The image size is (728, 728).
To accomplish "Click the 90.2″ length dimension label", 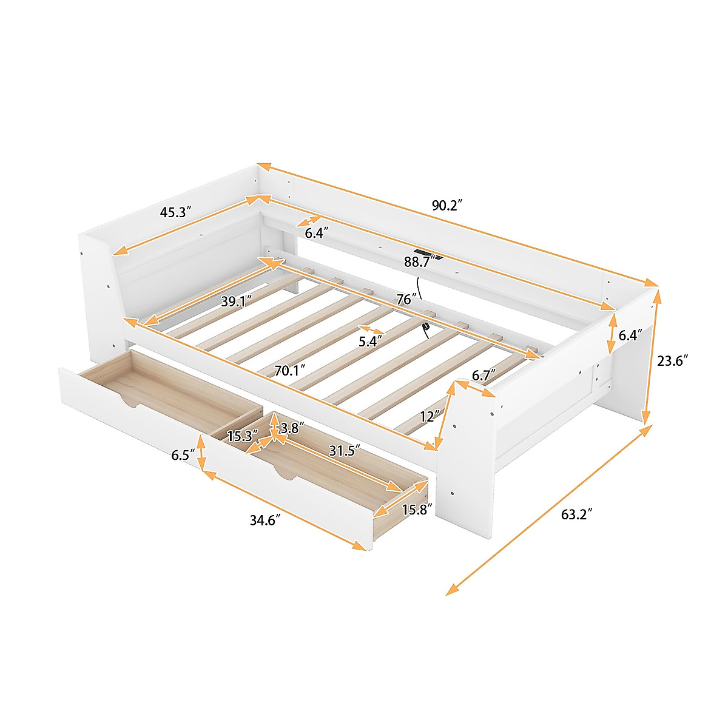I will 447,205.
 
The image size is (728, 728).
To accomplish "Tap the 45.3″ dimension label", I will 176,212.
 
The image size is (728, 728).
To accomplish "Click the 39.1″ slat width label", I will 237,302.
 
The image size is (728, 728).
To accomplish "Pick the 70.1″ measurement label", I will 289,370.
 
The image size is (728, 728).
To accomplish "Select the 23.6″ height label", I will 672,360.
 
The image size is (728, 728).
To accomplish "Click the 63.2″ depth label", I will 576,514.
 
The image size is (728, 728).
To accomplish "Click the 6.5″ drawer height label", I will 183,454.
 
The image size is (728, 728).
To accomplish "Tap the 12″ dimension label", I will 428,416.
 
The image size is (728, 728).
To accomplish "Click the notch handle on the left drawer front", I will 135,402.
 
